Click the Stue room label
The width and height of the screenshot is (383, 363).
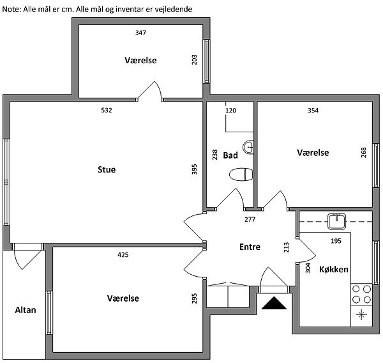(x=107, y=169)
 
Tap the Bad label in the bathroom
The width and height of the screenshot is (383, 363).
(x=230, y=155)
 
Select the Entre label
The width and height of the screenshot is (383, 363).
(x=250, y=247)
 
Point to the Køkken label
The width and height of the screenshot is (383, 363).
(x=334, y=269)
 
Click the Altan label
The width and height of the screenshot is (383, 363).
(x=26, y=310)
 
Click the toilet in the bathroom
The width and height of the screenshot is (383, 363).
(x=241, y=174)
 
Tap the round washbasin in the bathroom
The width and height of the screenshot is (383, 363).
(x=248, y=147)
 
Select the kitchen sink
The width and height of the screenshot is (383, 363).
(x=337, y=221)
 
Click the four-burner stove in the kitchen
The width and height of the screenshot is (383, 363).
(x=361, y=294)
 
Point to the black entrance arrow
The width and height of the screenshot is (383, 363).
(x=274, y=303)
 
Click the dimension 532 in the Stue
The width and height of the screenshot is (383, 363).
(x=107, y=111)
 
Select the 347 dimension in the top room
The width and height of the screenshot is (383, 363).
(x=140, y=33)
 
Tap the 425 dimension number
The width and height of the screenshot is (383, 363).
(x=123, y=255)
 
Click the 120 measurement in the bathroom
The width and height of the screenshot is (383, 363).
(x=231, y=111)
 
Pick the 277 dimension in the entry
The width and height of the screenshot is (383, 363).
(x=250, y=219)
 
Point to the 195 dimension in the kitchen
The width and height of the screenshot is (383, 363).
(x=336, y=241)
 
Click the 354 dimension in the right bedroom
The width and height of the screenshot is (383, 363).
(x=313, y=111)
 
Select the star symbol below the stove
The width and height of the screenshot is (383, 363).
(x=361, y=315)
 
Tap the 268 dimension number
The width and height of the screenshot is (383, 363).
(x=364, y=152)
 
